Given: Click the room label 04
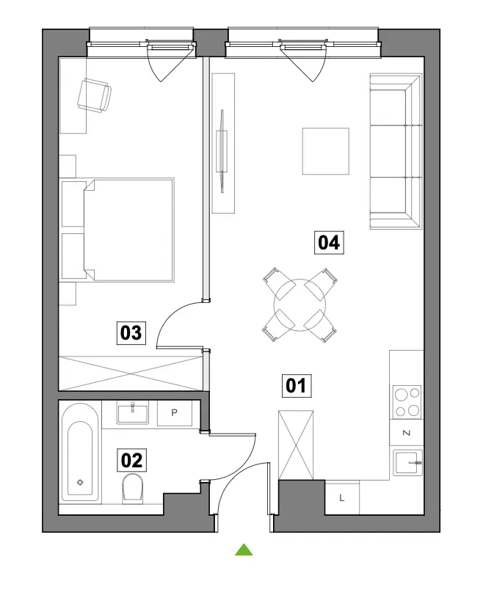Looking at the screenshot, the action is tap(329, 242).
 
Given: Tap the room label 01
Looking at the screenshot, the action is tap(297, 385).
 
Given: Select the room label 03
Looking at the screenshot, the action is tap(131, 333).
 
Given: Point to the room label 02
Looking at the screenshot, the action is tap(131, 460).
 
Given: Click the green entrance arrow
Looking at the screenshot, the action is tap(244, 550).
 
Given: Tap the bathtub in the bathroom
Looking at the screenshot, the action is tap(80, 452).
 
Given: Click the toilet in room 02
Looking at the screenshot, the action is tap(132, 489).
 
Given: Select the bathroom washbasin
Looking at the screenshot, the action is tap(133, 412).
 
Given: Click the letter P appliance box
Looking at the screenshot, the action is tap(175, 413).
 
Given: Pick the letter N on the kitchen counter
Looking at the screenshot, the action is tap(407, 433).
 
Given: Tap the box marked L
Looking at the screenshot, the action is tap(342, 497).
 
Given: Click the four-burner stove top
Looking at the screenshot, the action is tap(407, 402).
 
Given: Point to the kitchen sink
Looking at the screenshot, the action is tap(407, 463).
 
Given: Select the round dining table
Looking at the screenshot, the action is tap(299, 305).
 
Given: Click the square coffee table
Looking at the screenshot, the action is tap(326, 151).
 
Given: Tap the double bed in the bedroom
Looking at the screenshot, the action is tap(117, 230).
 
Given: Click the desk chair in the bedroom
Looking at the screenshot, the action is tap(95, 95).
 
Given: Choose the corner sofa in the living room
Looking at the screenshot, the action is tap(396, 151).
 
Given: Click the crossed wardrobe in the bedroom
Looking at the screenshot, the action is tap(131, 373).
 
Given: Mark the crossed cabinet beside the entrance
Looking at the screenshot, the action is tap(296, 445).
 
